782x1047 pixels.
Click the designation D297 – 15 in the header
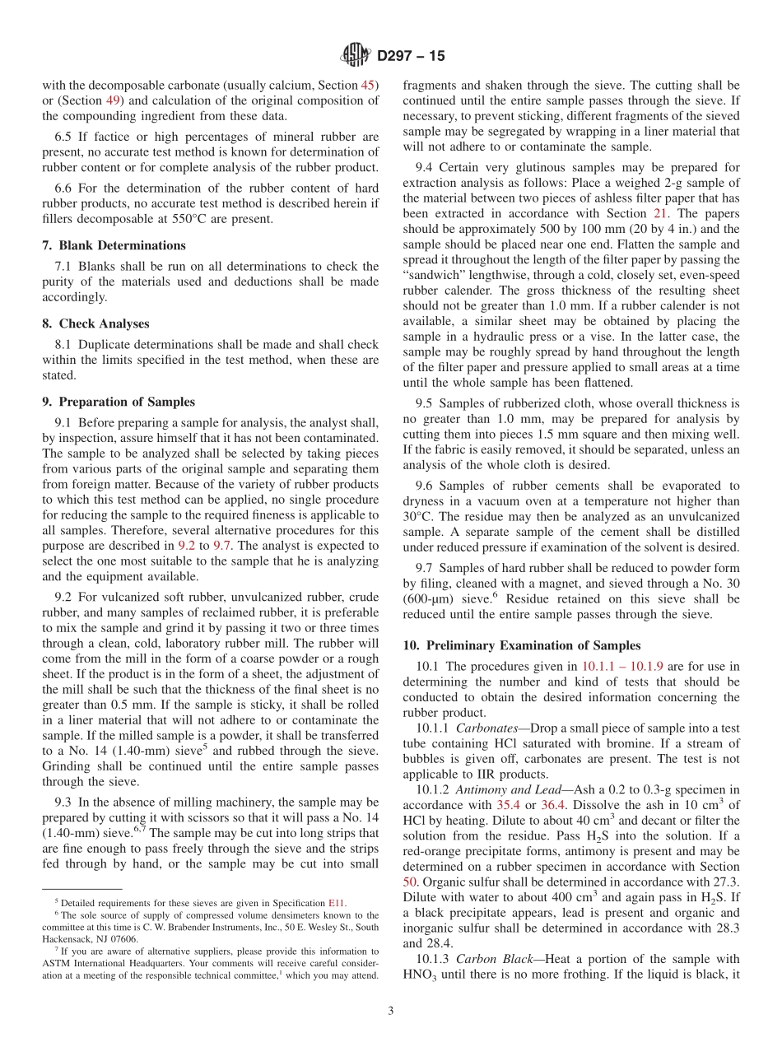(x=411, y=56)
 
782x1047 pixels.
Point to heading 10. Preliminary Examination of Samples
(x=521, y=645)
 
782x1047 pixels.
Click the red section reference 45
(x=370, y=85)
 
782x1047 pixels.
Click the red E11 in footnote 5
(x=337, y=903)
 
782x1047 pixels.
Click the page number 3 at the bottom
(x=391, y=1011)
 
